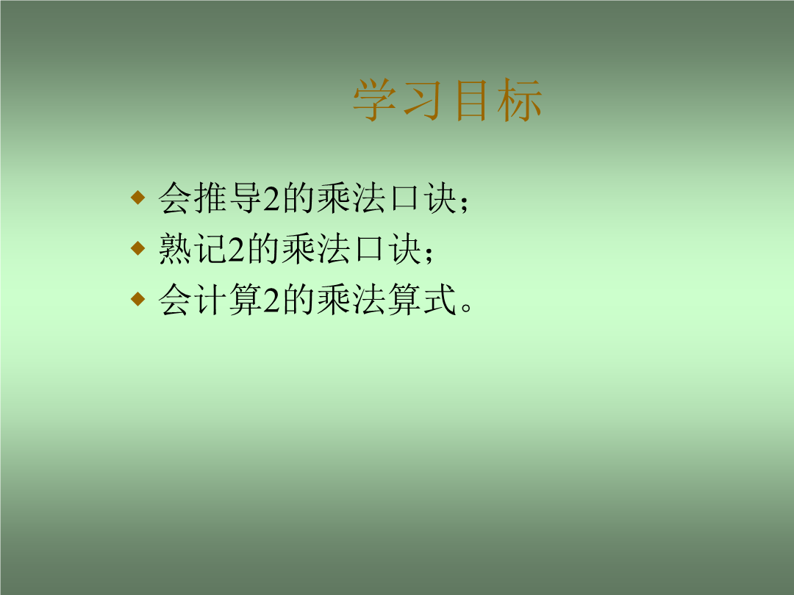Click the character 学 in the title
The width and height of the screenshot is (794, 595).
(x=374, y=100)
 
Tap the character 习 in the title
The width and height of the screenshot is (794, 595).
(x=422, y=100)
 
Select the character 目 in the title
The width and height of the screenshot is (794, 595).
(x=471, y=100)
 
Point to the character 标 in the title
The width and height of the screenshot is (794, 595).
(x=520, y=100)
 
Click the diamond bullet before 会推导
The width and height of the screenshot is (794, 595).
(x=137, y=198)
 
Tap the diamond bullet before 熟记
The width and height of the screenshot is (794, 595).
(x=137, y=248)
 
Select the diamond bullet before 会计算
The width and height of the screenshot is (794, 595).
(x=137, y=298)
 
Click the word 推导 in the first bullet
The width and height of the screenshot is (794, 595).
(x=228, y=198)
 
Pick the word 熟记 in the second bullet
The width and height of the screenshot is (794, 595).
(x=193, y=248)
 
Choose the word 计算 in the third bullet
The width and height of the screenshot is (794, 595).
(x=228, y=299)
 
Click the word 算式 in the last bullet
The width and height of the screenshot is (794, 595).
(x=423, y=299)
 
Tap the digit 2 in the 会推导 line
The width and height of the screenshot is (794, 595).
(x=271, y=198)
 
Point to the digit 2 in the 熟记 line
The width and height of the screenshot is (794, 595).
(x=236, y=249)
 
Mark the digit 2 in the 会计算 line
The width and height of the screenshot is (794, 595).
(x=271, y=300)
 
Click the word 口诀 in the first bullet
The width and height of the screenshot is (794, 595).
(x=423, y=198)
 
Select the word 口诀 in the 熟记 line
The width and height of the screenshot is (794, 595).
(x=387, y=248)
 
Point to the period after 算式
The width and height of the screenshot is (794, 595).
(x=466, y=307)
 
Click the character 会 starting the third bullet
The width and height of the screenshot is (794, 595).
(x=175, y=299)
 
